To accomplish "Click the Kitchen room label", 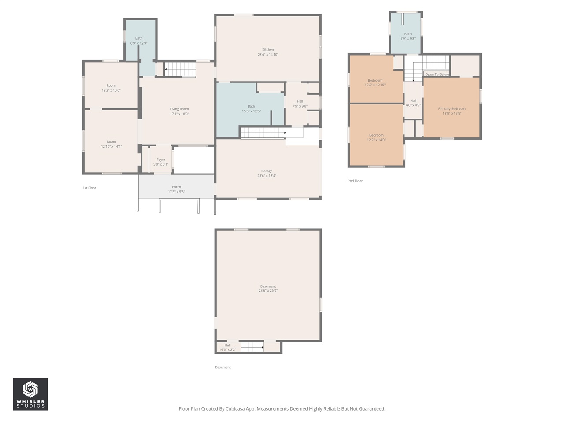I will [x=268, y=50].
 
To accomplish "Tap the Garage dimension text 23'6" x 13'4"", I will [x=267, y=176].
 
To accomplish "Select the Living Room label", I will [x=179, y=109].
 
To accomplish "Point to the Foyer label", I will [x=161, y=160].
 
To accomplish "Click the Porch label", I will [x=176, y=187].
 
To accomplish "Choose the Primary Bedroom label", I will [x=452, y=109].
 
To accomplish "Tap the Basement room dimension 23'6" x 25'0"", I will [x=268, y=291].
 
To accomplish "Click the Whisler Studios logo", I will [x=30, y=394].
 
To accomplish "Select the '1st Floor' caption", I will [x=89, y=188].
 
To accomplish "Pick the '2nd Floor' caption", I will [x=355, y=181].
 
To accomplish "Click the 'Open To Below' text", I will [x=437, y=74].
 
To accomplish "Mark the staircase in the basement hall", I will [x=252, y=347].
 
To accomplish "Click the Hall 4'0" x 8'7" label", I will [x=413, y=101].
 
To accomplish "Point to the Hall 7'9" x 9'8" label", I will [x=300, y=101].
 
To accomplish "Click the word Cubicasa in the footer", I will [x=236, y=409].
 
